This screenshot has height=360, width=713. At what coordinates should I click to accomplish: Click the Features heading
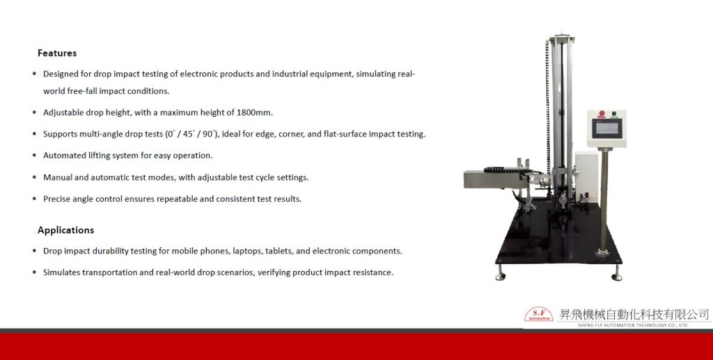tap(57, 53)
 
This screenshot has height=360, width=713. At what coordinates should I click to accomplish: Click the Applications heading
tap(66, 230)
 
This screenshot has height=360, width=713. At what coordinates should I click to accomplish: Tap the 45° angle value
tap(189, 134)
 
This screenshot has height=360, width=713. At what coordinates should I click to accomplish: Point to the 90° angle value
tap(209, 134)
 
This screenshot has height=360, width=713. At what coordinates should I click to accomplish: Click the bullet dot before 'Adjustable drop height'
tap(35, 112)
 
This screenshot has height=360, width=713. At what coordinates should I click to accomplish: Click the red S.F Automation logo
tap(539, 314)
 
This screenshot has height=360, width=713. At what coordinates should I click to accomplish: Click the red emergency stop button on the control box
tap(602, 114)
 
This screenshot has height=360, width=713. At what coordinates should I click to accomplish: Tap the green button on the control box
tap(613, 114)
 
